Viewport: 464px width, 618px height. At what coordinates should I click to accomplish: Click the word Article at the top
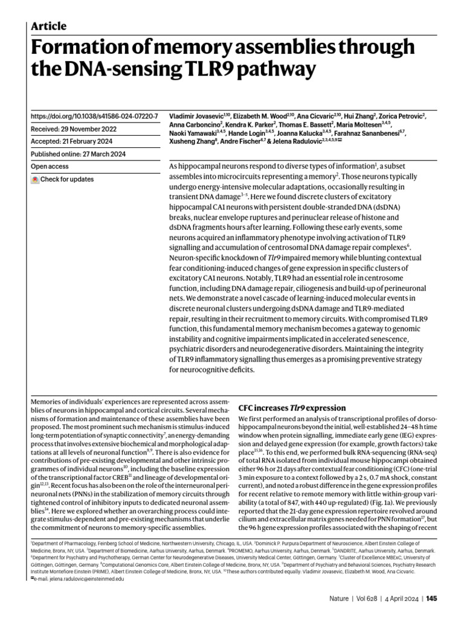click(48, 26)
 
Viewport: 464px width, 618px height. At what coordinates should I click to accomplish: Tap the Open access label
click(51, 166)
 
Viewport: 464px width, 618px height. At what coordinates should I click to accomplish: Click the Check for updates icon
click(36, 179)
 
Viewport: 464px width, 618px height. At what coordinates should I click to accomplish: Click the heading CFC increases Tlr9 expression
click(292, 408)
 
